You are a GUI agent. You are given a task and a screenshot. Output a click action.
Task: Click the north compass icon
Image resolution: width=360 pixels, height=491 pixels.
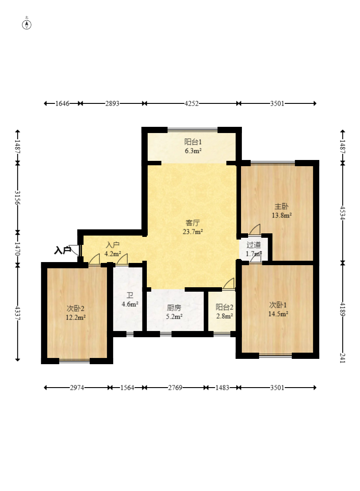(x=27, y=24)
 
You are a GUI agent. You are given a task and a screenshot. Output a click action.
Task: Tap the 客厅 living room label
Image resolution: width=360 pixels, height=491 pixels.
(x=193, y=223)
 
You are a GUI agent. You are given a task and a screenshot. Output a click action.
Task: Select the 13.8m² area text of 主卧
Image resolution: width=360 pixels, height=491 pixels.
(x=282, y=215)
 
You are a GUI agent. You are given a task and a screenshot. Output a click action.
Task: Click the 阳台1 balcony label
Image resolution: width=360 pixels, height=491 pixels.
(x=193, y=142)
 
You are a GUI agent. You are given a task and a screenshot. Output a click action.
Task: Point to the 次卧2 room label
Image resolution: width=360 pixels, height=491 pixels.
(x=76, y=309)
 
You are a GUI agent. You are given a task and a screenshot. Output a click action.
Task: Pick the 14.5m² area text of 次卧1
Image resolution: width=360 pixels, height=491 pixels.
(x=278, y=314)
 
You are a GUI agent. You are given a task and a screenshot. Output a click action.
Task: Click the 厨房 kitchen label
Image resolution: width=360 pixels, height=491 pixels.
(x=174, y=308)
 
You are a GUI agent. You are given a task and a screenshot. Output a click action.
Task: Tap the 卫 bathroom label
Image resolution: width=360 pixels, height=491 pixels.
(x=130, y=295)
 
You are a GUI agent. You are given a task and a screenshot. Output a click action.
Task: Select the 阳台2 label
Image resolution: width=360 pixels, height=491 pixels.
(x=224, y=308)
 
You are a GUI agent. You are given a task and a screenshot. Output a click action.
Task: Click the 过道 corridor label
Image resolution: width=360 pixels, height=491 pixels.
(x=253, y=245)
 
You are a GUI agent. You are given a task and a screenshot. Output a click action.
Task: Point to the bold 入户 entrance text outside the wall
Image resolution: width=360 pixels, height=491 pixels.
(x=62, y=251)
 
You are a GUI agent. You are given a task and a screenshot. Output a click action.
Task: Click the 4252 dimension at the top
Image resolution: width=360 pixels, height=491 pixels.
(x=191, y=104)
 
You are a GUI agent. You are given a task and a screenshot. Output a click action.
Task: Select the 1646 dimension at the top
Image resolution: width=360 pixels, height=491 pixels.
(x=62, y=104)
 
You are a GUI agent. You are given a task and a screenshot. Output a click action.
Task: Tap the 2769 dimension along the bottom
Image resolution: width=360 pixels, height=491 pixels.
(x=175, y=388)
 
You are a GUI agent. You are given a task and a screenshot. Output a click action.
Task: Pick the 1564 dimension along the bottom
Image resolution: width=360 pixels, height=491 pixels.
(x=127, y=388)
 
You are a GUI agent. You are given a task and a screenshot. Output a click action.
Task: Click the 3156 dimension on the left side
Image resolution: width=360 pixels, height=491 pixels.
(x=18, y=198)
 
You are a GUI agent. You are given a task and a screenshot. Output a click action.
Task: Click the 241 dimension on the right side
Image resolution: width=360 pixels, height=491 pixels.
(x=342, y=358)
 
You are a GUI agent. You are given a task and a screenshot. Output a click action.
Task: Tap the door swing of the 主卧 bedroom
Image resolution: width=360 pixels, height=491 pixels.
(x=255, y=229)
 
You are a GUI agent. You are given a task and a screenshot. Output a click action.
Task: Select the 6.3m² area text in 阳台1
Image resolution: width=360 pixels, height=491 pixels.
(x=193, y=151)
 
